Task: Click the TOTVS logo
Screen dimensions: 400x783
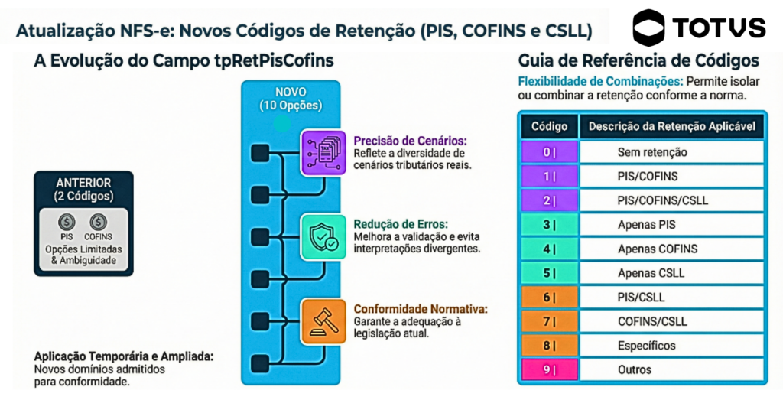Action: [x=698, y=28]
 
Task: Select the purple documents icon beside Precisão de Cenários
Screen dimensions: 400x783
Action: [x=324, y=152]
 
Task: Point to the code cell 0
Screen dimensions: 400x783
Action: [x=549, y=152]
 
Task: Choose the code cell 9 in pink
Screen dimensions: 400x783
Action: [x=549, y=369]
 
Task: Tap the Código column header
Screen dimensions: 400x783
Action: [x=549, y=126]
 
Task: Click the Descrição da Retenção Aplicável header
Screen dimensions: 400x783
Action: [x=671, y=126]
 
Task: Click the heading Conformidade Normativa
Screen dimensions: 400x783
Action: [x=421, y=309]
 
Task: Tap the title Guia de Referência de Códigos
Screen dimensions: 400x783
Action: [x=638, y=60]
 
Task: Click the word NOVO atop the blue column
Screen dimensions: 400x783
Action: [x=290, y=92]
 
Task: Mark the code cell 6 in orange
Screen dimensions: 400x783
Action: [x=549, y=297]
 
